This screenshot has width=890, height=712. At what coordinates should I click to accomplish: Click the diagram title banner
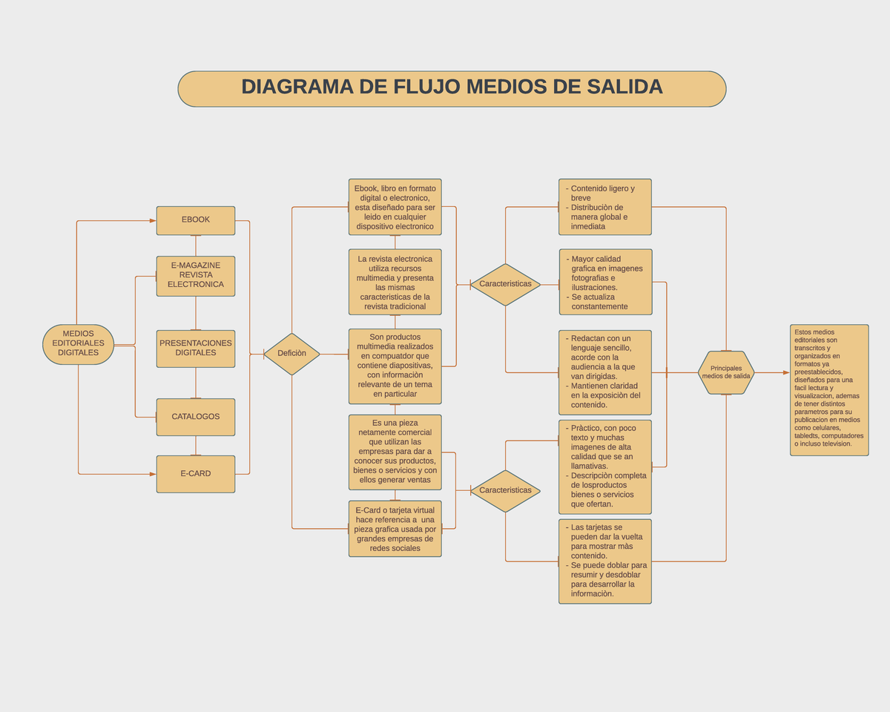[x=452, y=89]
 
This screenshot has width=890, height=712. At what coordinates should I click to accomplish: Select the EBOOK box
[x=196, y=220]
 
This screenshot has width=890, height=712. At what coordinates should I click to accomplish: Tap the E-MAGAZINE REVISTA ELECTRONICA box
[x=196, y=276]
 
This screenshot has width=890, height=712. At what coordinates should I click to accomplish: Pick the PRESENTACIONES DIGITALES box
[x=196, y=349]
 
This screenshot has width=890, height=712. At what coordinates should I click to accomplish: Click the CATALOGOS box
[x=196, y=417]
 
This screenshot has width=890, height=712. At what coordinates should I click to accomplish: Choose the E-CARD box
[x=196, y=474]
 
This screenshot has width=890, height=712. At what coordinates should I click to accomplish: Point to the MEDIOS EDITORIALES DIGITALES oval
[x=79, y=344]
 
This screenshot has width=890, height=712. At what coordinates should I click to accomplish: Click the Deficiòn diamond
[x=291, y=354]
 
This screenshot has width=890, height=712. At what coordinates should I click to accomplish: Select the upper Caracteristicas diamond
[x=505, y=284]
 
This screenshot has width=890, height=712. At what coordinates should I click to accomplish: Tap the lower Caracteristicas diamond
[x=505, y=490]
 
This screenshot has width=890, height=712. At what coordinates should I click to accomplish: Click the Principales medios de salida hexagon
[x=726, y=372]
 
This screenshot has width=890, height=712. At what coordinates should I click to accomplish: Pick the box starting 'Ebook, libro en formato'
[x=395, y=207]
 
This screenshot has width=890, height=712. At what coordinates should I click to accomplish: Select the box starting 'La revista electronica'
[x=395, y=282]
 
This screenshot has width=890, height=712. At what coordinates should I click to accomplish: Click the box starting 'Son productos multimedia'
[x=395, y=366]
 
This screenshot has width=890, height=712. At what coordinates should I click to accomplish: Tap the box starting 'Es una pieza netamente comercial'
[x=395, y=452]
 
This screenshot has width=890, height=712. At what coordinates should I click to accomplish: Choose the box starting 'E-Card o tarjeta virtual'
[x=395, y=529]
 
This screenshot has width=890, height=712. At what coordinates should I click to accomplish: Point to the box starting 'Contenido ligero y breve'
[x=605, y=207]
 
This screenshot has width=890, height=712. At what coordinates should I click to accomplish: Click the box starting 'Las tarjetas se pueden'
[x=605, y=561]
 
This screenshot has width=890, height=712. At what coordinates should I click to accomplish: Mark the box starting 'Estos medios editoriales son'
[x=829, y=389]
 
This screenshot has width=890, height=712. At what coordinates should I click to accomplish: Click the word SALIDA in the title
[x=624, y=88]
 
